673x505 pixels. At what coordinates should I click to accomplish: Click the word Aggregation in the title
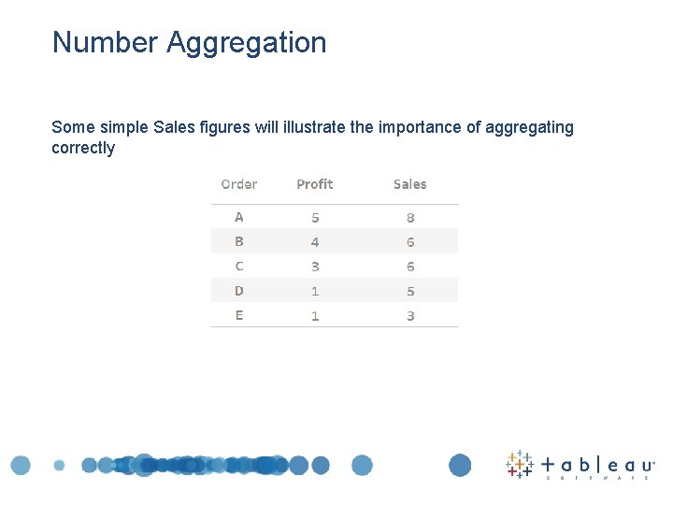click(x=247, y=43)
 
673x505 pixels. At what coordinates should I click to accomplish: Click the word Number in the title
click(x=106, y=43)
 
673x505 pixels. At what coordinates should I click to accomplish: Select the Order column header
click(x=239, y=184)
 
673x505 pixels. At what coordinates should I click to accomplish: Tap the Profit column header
click(x=315, y=184)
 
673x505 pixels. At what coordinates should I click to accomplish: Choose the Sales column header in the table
click(x=410, y=184)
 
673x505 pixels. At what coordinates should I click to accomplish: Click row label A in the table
click(x=239, y=217)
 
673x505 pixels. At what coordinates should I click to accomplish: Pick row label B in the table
click(x=239, y=241)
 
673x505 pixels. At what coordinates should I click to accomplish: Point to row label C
click(x=239, y=267)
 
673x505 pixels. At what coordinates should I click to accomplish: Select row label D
click(x=239, y=291)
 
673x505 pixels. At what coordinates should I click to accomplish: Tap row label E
click(x=239, y=315)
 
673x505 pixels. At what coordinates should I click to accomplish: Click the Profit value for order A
click(x=315, y=217)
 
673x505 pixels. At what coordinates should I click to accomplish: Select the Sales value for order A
click(x=410, y=217)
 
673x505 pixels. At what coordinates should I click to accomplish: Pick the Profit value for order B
click(x=315, y=241)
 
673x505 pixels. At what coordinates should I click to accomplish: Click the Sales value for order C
click(x=410, y=267)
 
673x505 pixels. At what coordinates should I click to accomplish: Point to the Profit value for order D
click(x=315, y=291)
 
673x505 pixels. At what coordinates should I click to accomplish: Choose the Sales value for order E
click(x=410, y=315)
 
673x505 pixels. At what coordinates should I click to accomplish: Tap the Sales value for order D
click(x=410, y=291)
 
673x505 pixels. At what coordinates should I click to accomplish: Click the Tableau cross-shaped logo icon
click(x=520, y=464)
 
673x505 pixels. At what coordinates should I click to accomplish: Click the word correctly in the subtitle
click(x=83, y=148)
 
